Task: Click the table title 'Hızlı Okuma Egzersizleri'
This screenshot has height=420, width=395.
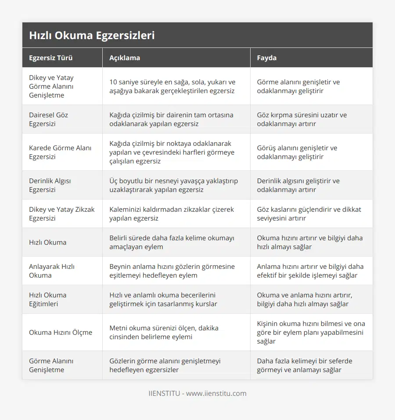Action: (x=92, y=36)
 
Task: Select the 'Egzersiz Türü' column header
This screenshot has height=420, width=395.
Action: (x=51, y=58)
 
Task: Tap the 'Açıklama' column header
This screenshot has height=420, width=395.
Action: (x=125, y=58)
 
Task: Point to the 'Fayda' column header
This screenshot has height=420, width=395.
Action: (x=267, y=58)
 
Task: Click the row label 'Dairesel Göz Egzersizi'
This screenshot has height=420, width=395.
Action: (x=49, y=119)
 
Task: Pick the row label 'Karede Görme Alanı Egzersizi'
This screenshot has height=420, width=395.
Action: (x=60, y=152)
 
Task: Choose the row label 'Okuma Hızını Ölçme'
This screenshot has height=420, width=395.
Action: (x=61, y=332)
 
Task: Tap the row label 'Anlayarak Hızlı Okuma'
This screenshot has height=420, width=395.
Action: (x=52, y=271)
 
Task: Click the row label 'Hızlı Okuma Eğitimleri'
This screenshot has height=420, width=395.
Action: (x=48, y=299)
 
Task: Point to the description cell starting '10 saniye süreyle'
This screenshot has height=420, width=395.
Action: (x=172, y=86)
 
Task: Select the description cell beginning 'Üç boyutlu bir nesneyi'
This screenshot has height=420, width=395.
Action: (x=174, y=185)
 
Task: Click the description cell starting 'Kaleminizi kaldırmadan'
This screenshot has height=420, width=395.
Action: (x=172, y=214)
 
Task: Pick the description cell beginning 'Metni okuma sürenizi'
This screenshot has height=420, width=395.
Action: (x=164, y=332)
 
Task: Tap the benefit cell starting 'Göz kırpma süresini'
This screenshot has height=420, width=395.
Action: (x=302, y=119)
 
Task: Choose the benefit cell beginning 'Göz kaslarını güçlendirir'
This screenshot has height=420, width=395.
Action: (x=309, y=214)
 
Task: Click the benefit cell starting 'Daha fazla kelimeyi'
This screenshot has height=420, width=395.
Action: (x=305, y=365)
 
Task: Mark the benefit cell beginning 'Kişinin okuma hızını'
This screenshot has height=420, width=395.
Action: (x=311, y=332)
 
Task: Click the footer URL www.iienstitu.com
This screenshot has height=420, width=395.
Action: (x=216, y=393)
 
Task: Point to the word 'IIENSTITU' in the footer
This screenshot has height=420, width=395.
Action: (x=164, y=393)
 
